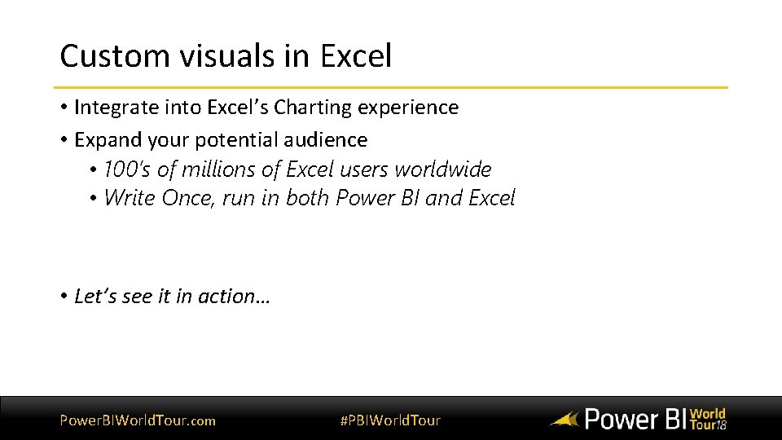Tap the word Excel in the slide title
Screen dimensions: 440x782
click(x=356, y=56)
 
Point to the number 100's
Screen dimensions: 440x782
click(x=127, y=169)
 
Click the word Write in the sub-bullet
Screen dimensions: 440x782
click(x=130, y=198)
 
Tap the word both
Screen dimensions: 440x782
click(x=308, y=198)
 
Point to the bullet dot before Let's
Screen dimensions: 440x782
click(x=63, y=297)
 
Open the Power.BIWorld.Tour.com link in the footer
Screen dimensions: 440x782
click(x=138, y=420)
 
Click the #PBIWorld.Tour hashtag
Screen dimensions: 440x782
click(x=389, y=420)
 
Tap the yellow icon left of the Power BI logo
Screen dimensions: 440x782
click(x=565, y=420)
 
